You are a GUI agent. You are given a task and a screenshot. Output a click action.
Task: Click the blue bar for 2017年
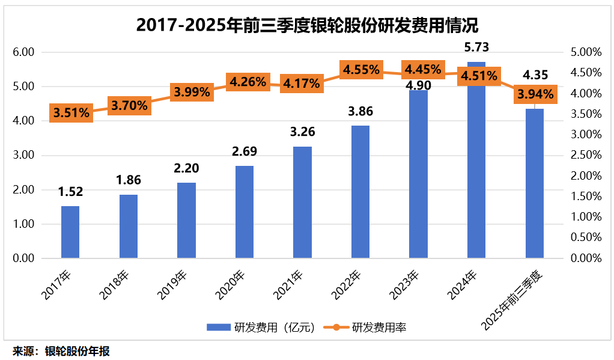click(x=70, y=232)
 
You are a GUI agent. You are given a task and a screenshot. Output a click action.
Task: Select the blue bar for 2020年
click(x=244, y=212)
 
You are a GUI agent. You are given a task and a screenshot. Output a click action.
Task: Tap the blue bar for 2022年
click(x=360, y=192)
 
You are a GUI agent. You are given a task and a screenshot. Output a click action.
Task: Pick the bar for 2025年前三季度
click(x=535, y=183)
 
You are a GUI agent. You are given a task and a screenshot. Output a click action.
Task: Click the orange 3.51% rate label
click(x=71, y=112)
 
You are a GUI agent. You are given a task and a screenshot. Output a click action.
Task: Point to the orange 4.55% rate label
click(x=361, y=70)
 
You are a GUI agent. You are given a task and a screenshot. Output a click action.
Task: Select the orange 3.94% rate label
click(x=535, y=94)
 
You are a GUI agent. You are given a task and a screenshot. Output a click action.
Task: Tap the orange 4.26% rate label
click(x=246, y=81)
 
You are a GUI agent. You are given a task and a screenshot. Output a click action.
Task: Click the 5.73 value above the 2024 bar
click(x=476, y=47)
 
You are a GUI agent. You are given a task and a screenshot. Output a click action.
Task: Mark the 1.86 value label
click(x=128, y=179)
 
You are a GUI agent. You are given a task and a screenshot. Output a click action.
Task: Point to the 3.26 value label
click(x=302, y=132)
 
